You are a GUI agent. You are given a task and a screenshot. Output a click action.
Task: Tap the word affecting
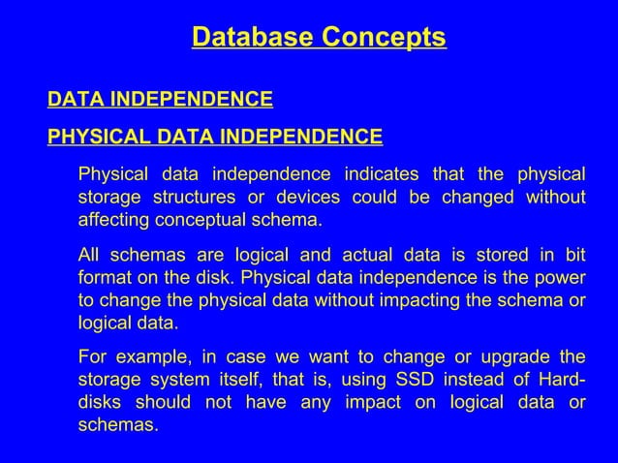point(112,219)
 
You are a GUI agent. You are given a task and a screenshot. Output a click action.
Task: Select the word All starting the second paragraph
point(89,256)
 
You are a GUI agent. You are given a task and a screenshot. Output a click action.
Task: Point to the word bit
point(574,256)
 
